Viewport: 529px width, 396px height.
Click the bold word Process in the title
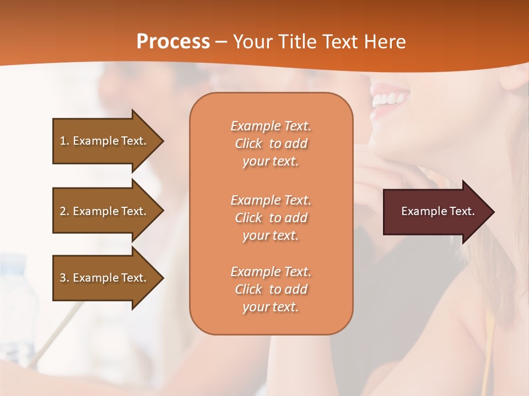(x=173, y=42)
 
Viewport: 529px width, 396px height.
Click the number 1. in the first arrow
(x=64, y=141)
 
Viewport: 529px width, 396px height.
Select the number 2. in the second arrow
(x=64, y=211)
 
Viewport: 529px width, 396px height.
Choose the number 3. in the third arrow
(x=64, y=278)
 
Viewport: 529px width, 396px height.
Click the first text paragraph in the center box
(x=271, y=144)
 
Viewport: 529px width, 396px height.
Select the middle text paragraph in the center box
(x=271, y=218)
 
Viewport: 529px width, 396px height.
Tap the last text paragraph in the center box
(x=271, y=289)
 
